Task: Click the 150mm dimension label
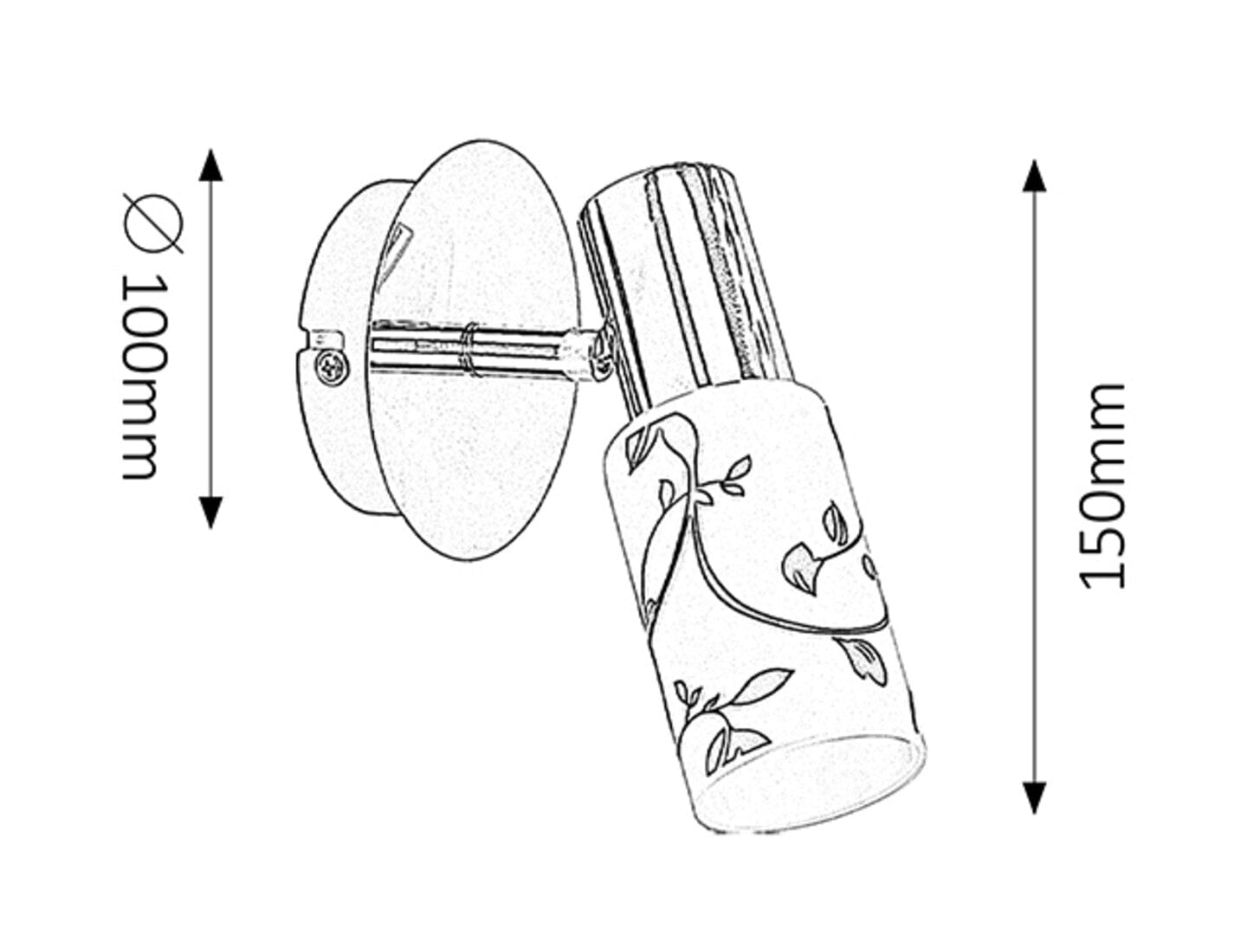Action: [x=1102, y=487]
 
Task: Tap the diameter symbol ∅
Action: [x=152, y=223]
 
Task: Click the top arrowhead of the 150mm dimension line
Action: [x=1034, y=176]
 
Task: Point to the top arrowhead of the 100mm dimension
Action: [x=210, y=165]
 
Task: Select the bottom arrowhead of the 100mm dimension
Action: [x=210, y=512]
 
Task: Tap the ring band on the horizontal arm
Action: [x=470, y=350]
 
